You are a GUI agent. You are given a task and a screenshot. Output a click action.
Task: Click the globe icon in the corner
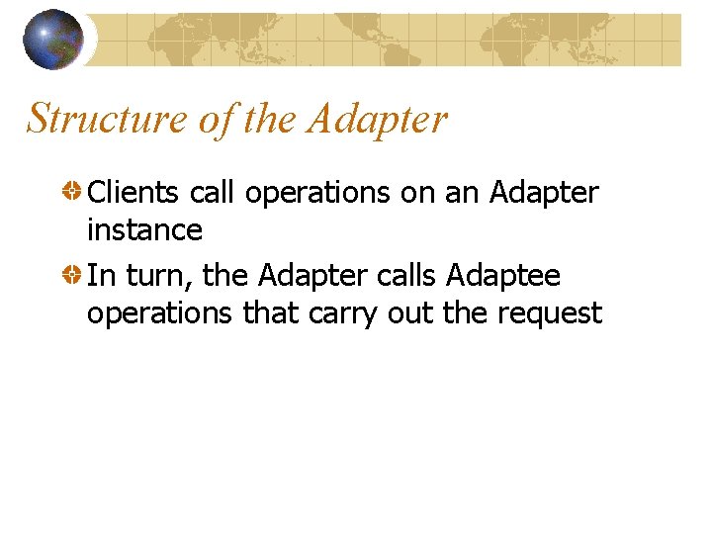coord(52,40)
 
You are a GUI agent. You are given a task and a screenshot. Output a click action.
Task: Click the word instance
coord(144,230)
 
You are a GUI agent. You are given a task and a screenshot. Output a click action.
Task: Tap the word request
coord(550,313)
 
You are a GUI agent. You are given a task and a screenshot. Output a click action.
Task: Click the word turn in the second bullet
coord(157,275)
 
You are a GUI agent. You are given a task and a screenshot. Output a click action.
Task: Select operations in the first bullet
coord(317,193)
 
